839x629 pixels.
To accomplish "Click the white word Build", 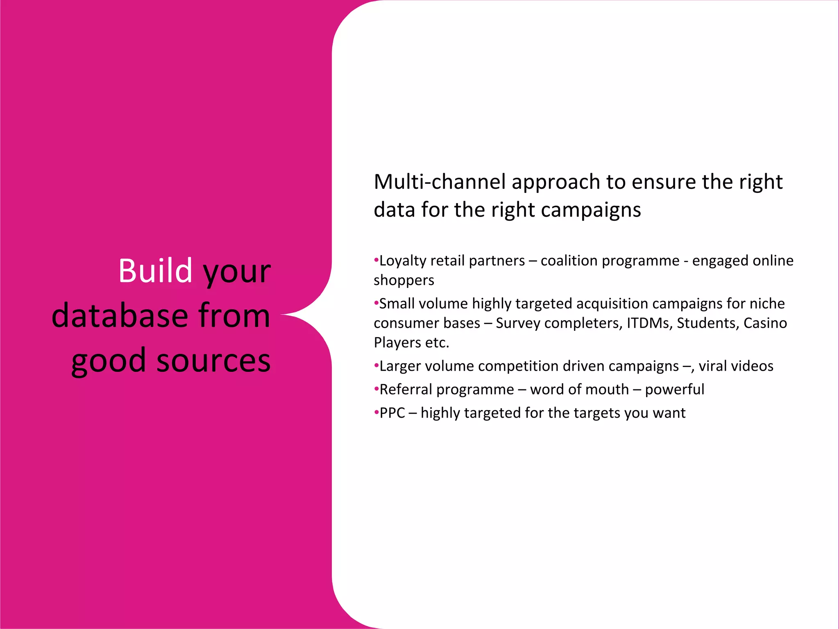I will [x=155, y=271].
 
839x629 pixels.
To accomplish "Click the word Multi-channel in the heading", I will [x=440, y=182].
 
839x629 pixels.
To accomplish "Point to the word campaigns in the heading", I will [x=591, y=210].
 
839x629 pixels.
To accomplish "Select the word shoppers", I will [x=404, y=281].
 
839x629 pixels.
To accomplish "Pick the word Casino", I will [x=765, y=323].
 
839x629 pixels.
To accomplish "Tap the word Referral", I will [x=406, y=389].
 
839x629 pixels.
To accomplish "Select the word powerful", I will [x=674, y=389].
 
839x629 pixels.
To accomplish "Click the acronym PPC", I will [x=392, y=413].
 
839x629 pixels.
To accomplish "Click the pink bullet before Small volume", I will [x=376, y=303].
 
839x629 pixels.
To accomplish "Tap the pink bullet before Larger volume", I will [x=376, y=366].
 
